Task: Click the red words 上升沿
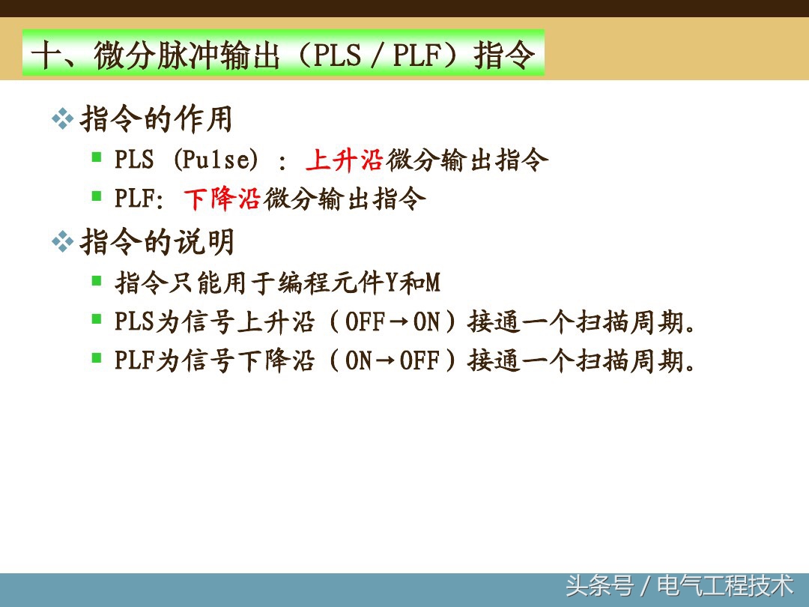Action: [345, 160]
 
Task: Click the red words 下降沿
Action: [222, 199]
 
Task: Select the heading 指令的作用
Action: [157, 120]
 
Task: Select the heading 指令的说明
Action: [157, 242]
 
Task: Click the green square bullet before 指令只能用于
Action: [97, 280]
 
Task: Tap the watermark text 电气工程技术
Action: [725, 585]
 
